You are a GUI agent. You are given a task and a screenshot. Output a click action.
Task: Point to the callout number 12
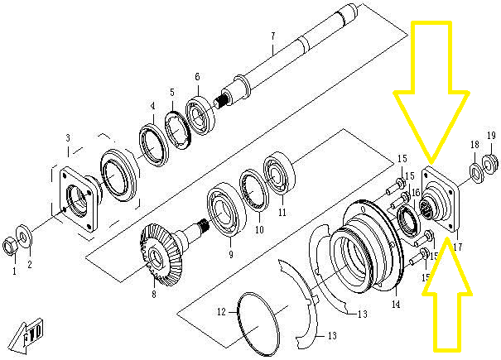click(x=221, y=312)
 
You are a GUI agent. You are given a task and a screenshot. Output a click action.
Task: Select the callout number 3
click(x=68, y=137)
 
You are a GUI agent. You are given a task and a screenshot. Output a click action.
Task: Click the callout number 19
click(x=490, y=136)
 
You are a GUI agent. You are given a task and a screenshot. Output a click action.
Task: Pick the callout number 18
click(x=475, y=145)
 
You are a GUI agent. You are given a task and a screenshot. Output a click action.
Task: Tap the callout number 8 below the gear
click(x=153, y=293)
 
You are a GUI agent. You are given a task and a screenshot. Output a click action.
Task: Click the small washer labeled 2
click(x=26, y=238)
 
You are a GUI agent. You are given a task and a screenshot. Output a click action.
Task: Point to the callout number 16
click(x=416, y=192)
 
